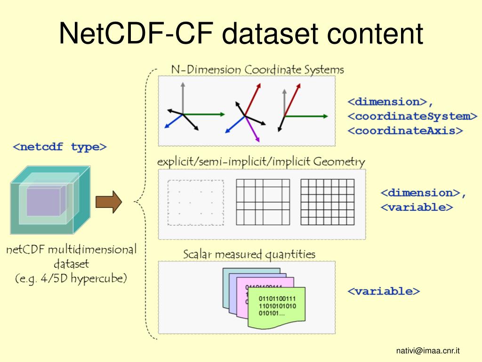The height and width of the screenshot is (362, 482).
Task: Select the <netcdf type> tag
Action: coord(60,147)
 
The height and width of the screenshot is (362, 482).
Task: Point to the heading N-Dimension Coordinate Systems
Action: coord(257,70)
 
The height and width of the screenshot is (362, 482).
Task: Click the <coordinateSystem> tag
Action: coord(412,116)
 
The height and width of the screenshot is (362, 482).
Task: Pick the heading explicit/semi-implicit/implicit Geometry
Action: coord(261,162)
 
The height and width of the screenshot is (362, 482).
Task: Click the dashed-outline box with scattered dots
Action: coord(196,202)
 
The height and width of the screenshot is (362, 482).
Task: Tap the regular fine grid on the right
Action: coord(327,202)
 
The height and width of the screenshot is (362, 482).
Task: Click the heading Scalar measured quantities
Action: coord(249,255)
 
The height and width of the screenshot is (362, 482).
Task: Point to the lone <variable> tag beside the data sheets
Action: coord(384,291)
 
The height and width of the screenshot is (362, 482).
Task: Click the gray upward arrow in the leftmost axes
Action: coord(183,97)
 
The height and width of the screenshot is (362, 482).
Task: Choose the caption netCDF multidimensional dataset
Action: coord(71,255)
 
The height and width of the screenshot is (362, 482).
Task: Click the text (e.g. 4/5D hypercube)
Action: coord(71,278)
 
